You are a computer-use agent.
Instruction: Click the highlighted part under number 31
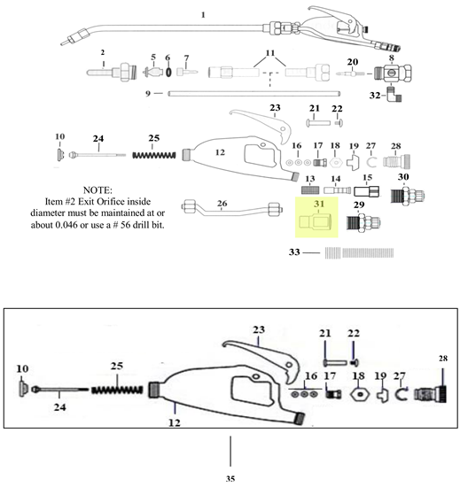click(x=316, y=221)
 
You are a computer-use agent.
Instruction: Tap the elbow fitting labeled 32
click(x=394, y=95)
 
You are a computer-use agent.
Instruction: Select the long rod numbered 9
click(x=254, y=93)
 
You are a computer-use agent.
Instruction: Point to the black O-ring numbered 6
click(x=168, y=72)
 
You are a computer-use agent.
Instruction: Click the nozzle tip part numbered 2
click(x=112, y=73)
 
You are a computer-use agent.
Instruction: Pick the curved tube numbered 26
click(x=232, y=209)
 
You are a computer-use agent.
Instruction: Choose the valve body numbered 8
click(x=394, y=73)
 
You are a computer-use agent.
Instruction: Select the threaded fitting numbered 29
click(x=363, y=222)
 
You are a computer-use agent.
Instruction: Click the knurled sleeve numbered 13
click(x=310, y=189)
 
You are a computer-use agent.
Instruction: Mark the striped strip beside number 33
click(x=359, y=253)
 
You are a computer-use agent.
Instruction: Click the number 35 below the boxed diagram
click(x=230, y=478)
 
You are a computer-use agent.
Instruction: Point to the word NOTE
click(x=97, y=189)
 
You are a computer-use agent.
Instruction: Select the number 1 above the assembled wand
click(x=203, y=14)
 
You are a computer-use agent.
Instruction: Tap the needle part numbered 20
click(x=350, y=73)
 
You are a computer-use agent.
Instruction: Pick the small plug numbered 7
click(x=187, y=72)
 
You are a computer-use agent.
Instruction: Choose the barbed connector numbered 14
click(x=337, y=189)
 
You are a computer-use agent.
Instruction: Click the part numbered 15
click(x=367, y=191)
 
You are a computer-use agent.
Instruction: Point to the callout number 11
click(x=270, y=52)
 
